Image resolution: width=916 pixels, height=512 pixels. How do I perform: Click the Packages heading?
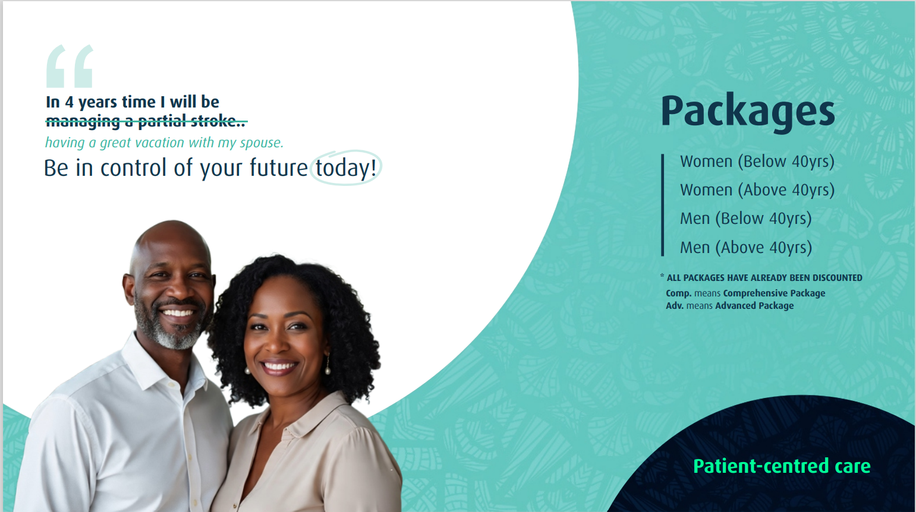747,111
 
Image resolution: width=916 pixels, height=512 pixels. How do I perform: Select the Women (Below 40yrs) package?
757,162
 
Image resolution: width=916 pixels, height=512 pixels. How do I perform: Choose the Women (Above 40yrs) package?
757,190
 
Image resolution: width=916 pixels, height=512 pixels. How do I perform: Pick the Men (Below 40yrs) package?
745,219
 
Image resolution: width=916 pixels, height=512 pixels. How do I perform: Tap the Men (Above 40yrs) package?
745,247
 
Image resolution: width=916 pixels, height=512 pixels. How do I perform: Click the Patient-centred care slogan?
781,466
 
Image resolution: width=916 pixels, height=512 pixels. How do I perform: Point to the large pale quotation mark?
70,66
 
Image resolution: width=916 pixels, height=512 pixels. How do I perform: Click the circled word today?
345,168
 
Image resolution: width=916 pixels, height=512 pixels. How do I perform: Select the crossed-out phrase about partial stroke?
146,122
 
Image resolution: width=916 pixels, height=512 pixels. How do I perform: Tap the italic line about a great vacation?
164,143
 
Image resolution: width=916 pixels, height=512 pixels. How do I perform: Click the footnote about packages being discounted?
764,277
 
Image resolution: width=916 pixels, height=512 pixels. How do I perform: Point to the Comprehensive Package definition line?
745,293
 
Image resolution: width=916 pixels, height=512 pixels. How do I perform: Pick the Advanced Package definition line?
729,305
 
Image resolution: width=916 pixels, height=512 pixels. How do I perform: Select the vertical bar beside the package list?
662,205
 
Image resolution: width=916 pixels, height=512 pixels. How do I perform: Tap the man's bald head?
169,238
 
